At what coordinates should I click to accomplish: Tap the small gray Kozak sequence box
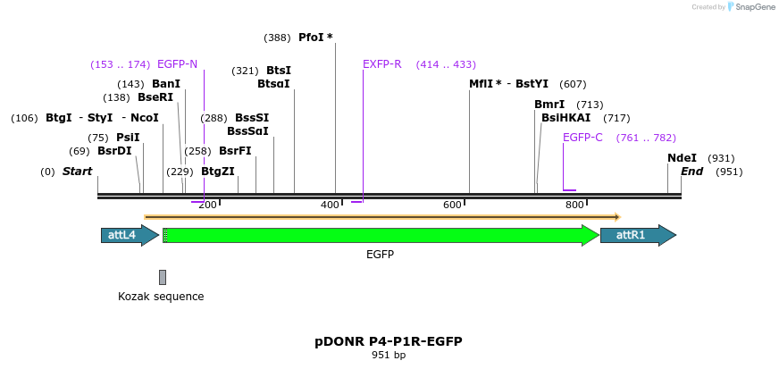[x=163, y=277]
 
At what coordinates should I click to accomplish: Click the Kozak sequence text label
[x=161, y=296]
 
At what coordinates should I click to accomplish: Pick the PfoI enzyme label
[x=314, y=38]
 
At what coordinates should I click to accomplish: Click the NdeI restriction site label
[x=682, y=157]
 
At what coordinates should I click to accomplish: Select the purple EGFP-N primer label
[x=177, y=64]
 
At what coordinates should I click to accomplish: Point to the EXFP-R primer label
[x=382, y=64]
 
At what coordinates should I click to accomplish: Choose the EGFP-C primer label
[x=582, y=138]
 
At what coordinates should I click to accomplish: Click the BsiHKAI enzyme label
[x=565, y=118]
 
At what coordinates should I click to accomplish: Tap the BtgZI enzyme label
[x=218, y=172]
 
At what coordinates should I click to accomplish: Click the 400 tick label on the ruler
[x=330, y=205]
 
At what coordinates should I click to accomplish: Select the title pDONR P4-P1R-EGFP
[x=388, y=341]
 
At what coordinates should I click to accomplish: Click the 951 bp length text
[x=388, y=356]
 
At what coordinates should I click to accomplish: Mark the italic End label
[x=691, y=172]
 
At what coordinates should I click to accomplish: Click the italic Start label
[x=77, y=172]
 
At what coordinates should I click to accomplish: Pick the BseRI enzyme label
[x=155, y=97]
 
